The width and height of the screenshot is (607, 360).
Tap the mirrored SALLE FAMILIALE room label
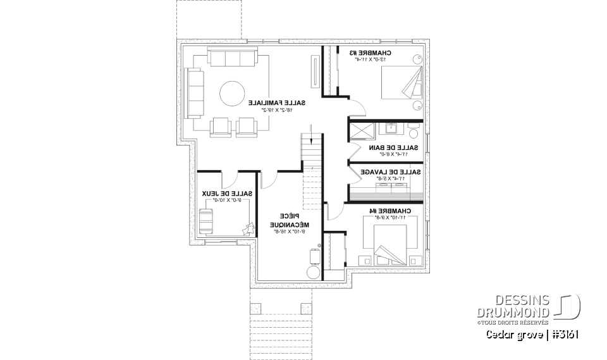coord(276,102)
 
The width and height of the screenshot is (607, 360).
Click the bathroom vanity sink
coord(389,130)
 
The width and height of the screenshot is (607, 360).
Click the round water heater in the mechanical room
coord(313,272)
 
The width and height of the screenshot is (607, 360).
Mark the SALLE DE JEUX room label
coord(227,193)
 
